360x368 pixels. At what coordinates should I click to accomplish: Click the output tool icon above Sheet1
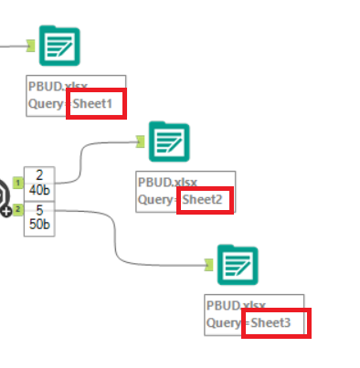point(59,46)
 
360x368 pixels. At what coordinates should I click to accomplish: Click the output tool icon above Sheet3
point(237,264)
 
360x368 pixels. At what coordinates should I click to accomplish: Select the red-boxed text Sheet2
point(204,199)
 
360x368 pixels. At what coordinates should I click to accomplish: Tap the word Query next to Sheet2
point(156,199)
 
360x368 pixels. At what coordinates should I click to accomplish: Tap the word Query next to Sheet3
point(225,322)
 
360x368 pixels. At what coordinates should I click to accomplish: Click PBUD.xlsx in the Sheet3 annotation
point(235,305)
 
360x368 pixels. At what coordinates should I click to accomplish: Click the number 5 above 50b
point(37,210)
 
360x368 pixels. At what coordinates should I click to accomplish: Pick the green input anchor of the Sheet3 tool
point(208,265)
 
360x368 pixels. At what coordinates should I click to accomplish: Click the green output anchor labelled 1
point(17,183)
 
